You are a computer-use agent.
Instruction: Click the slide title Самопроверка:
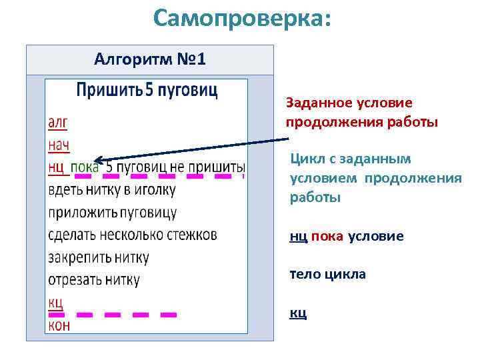click(241, 19)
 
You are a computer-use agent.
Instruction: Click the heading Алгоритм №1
click(150, 60)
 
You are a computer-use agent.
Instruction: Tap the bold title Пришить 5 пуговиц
click(147, 90)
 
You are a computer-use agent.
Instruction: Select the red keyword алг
click(57, 122)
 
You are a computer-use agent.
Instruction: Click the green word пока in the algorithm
click(85, 167)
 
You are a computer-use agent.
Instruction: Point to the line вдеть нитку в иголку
click(112, 189)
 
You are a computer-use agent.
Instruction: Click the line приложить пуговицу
click(112, 213)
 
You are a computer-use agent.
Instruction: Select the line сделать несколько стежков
click(132, 235)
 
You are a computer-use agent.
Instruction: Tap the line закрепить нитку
click(98, 257)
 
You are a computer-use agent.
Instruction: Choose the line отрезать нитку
click(94, 280)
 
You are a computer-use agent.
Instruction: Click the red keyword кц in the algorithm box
click(55, 302)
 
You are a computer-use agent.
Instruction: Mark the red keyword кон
click(59, 325)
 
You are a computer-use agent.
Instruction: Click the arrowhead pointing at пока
click(98, 160)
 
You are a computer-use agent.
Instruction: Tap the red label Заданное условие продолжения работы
click(361, 112)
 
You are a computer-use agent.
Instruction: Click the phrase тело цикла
click(327, 274)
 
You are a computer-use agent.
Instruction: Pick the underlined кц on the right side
click(298, 313)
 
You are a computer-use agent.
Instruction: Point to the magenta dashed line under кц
click(127, 313)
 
